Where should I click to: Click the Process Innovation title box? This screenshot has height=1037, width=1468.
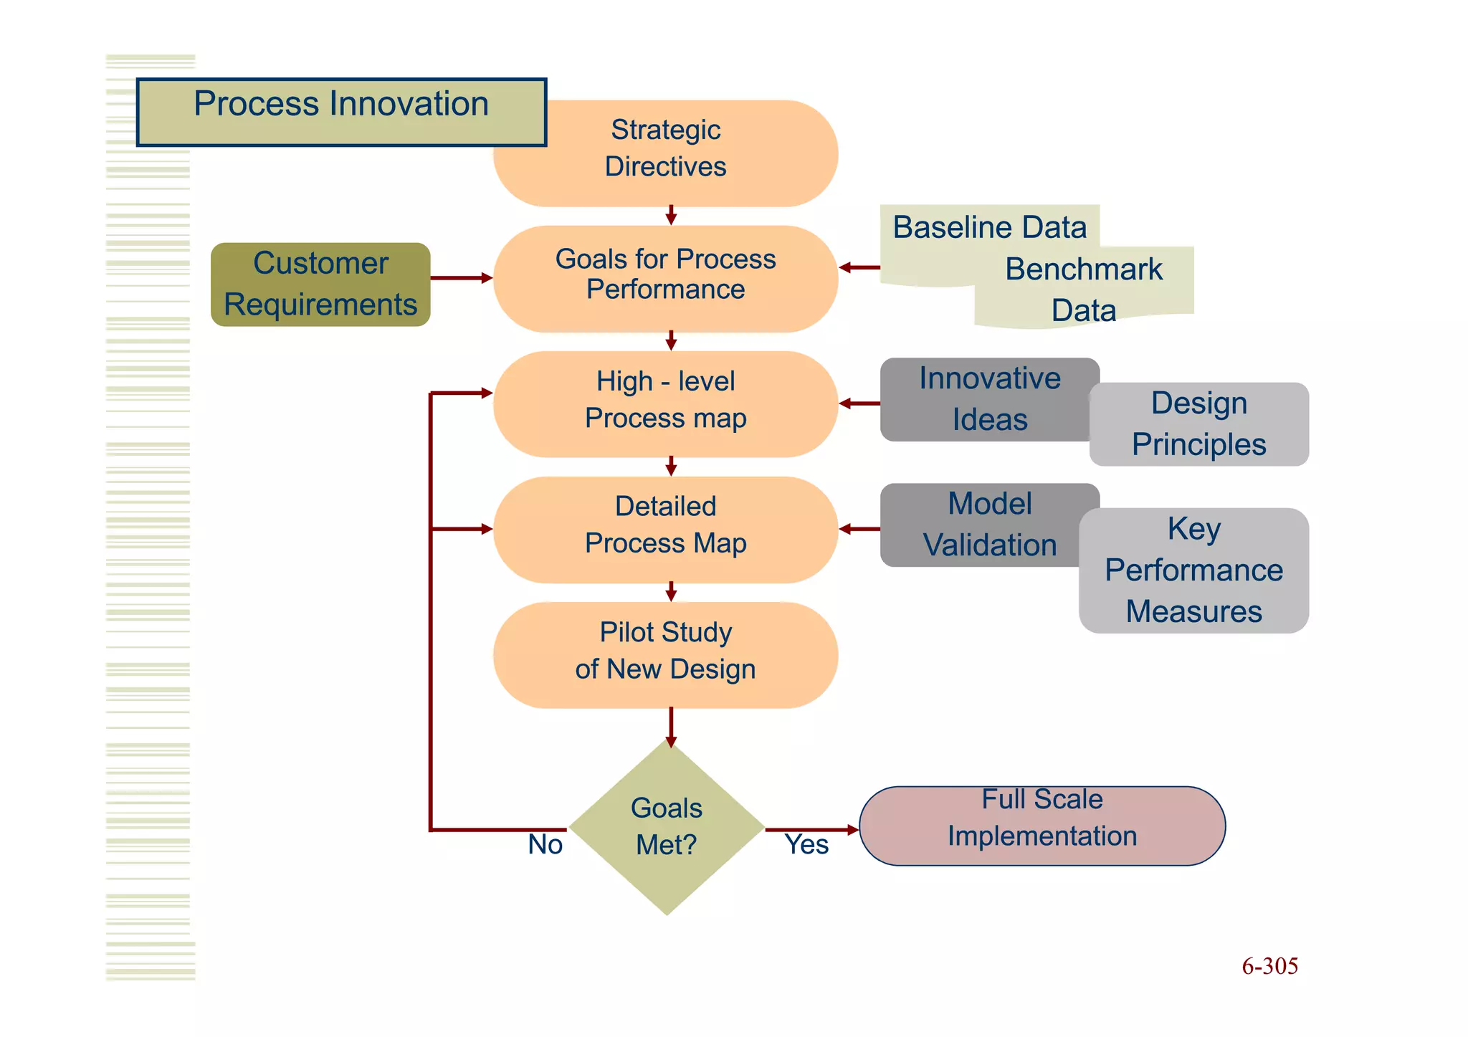pos(341,112)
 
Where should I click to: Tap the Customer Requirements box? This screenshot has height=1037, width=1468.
pos(320,285)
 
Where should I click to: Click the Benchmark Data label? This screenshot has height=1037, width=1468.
pos(1084,290)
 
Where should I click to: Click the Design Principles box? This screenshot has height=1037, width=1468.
pos(1199,424)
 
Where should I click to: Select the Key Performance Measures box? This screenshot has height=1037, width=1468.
pos(1193,570)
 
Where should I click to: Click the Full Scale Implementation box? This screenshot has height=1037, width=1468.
pos(1042,825)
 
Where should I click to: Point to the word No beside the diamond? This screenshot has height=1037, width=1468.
pos(545,844)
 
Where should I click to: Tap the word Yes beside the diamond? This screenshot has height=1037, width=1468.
pos(806,844)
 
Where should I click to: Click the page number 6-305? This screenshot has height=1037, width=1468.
pos(1269,966)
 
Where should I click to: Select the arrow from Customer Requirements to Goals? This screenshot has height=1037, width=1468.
pos(461,277)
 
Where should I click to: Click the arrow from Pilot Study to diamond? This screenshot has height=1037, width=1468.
pos(671,727)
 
